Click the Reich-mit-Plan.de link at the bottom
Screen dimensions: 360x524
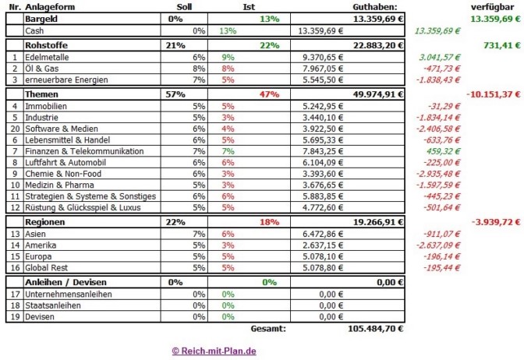coord(214,351)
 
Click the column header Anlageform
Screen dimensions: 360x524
coord(51,6)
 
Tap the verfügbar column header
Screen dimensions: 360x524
coord(495,6)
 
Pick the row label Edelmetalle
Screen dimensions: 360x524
coord(48,57)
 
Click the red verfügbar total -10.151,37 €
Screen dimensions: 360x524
coord(493,94)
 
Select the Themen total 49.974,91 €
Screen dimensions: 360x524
coord(377,94)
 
